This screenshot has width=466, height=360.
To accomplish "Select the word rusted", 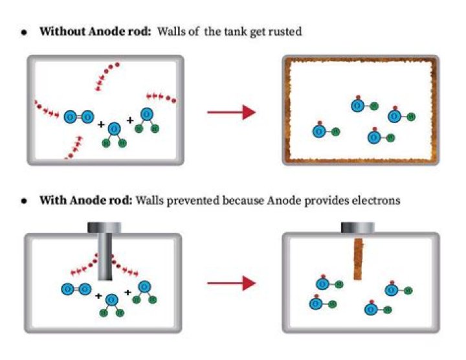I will [286, 31].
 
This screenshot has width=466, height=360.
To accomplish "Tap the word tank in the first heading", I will [241, 31].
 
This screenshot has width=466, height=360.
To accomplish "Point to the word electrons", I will [378, 201].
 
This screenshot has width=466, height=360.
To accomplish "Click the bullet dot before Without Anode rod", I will [24, 32].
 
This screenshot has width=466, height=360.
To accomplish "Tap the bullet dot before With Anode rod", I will [24, 201].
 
